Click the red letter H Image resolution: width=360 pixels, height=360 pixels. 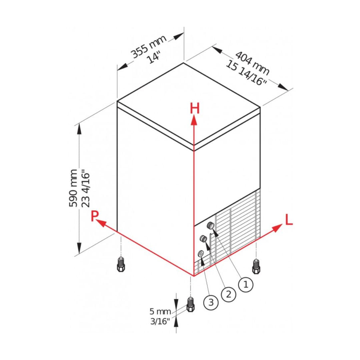pyautogui.click(x=194, y=108)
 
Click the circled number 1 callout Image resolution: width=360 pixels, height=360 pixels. pyautogui.click(x=246, y=284)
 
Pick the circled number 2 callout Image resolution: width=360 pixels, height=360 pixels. pyautogui.click(x=228, y=294)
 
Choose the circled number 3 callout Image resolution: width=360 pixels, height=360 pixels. pyautogui.click(x=211, y=302)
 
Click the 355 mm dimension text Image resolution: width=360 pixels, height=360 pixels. pyautogui.click(x=148, y=46)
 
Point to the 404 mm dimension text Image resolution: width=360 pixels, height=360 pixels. pyautogui.click(x=252, y=63)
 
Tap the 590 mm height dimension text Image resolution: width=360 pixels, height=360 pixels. pyautogui.click(x=73, y=188)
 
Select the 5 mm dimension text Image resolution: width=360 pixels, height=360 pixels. pyautogui.click(x=160, y=312)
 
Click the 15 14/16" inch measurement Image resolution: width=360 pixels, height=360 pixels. pyautogui.click(x=246, y=73)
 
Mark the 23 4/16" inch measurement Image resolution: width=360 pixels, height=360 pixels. pyautogui.click(x=85, y=188)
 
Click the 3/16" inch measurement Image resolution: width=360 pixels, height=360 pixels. pyautogui.click(x=160, y=321)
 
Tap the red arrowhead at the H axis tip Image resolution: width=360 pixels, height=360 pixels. pyautogui.click(x=194, y=120)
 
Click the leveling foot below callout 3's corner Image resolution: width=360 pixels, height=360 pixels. pyautogui.click(x=191, y=304)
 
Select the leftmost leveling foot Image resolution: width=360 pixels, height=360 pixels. pyautogui.click(x=121, y=265)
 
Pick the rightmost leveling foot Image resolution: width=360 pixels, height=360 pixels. pyautogui.click(x=256, y=266)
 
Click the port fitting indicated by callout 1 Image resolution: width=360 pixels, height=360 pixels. pyautogui.click(x=211, y=225)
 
